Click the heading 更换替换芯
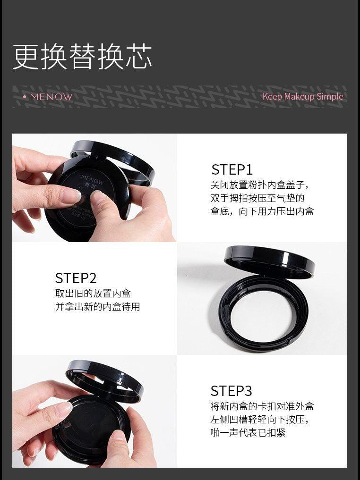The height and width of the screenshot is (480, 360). [82, 57]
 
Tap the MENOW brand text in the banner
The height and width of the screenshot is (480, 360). [51, 97]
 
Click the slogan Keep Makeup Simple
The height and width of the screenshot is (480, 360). [303, 96]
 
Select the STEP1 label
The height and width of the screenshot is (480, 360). [232, 169]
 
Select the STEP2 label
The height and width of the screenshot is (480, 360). [76, 278]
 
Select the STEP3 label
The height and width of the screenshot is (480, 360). [231, 391]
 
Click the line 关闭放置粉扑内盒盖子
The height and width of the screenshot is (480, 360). [260, 185]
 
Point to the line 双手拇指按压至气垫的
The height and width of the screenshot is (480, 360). [257, 198]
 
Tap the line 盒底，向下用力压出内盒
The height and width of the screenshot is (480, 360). [262, 211]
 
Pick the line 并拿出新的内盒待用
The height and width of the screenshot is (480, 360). [97, 307]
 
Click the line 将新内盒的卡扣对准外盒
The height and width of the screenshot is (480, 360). [262, 406]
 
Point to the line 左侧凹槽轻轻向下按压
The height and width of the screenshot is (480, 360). [260, 419]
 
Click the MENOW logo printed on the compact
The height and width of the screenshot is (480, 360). [88, 178]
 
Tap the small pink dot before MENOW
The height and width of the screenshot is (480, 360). [25, 97]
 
